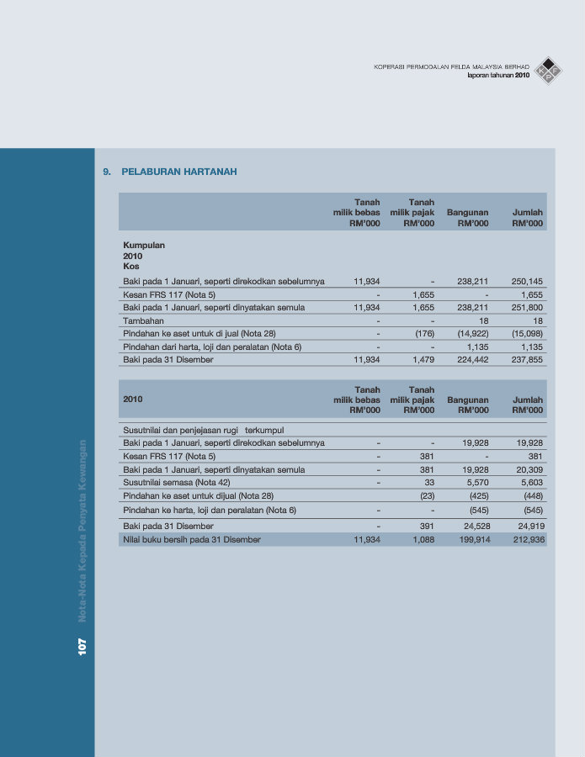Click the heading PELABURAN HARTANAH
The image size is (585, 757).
coord(179,172)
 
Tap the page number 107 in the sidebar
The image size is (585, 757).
coord(82,646)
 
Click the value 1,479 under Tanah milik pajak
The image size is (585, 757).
coord(421,360)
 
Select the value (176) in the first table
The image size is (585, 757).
coord(424,334)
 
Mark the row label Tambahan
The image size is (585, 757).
coord(144,320)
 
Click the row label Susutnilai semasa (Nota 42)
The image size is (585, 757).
coord(178,483)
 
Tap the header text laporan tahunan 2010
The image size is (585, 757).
coord(498,76)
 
